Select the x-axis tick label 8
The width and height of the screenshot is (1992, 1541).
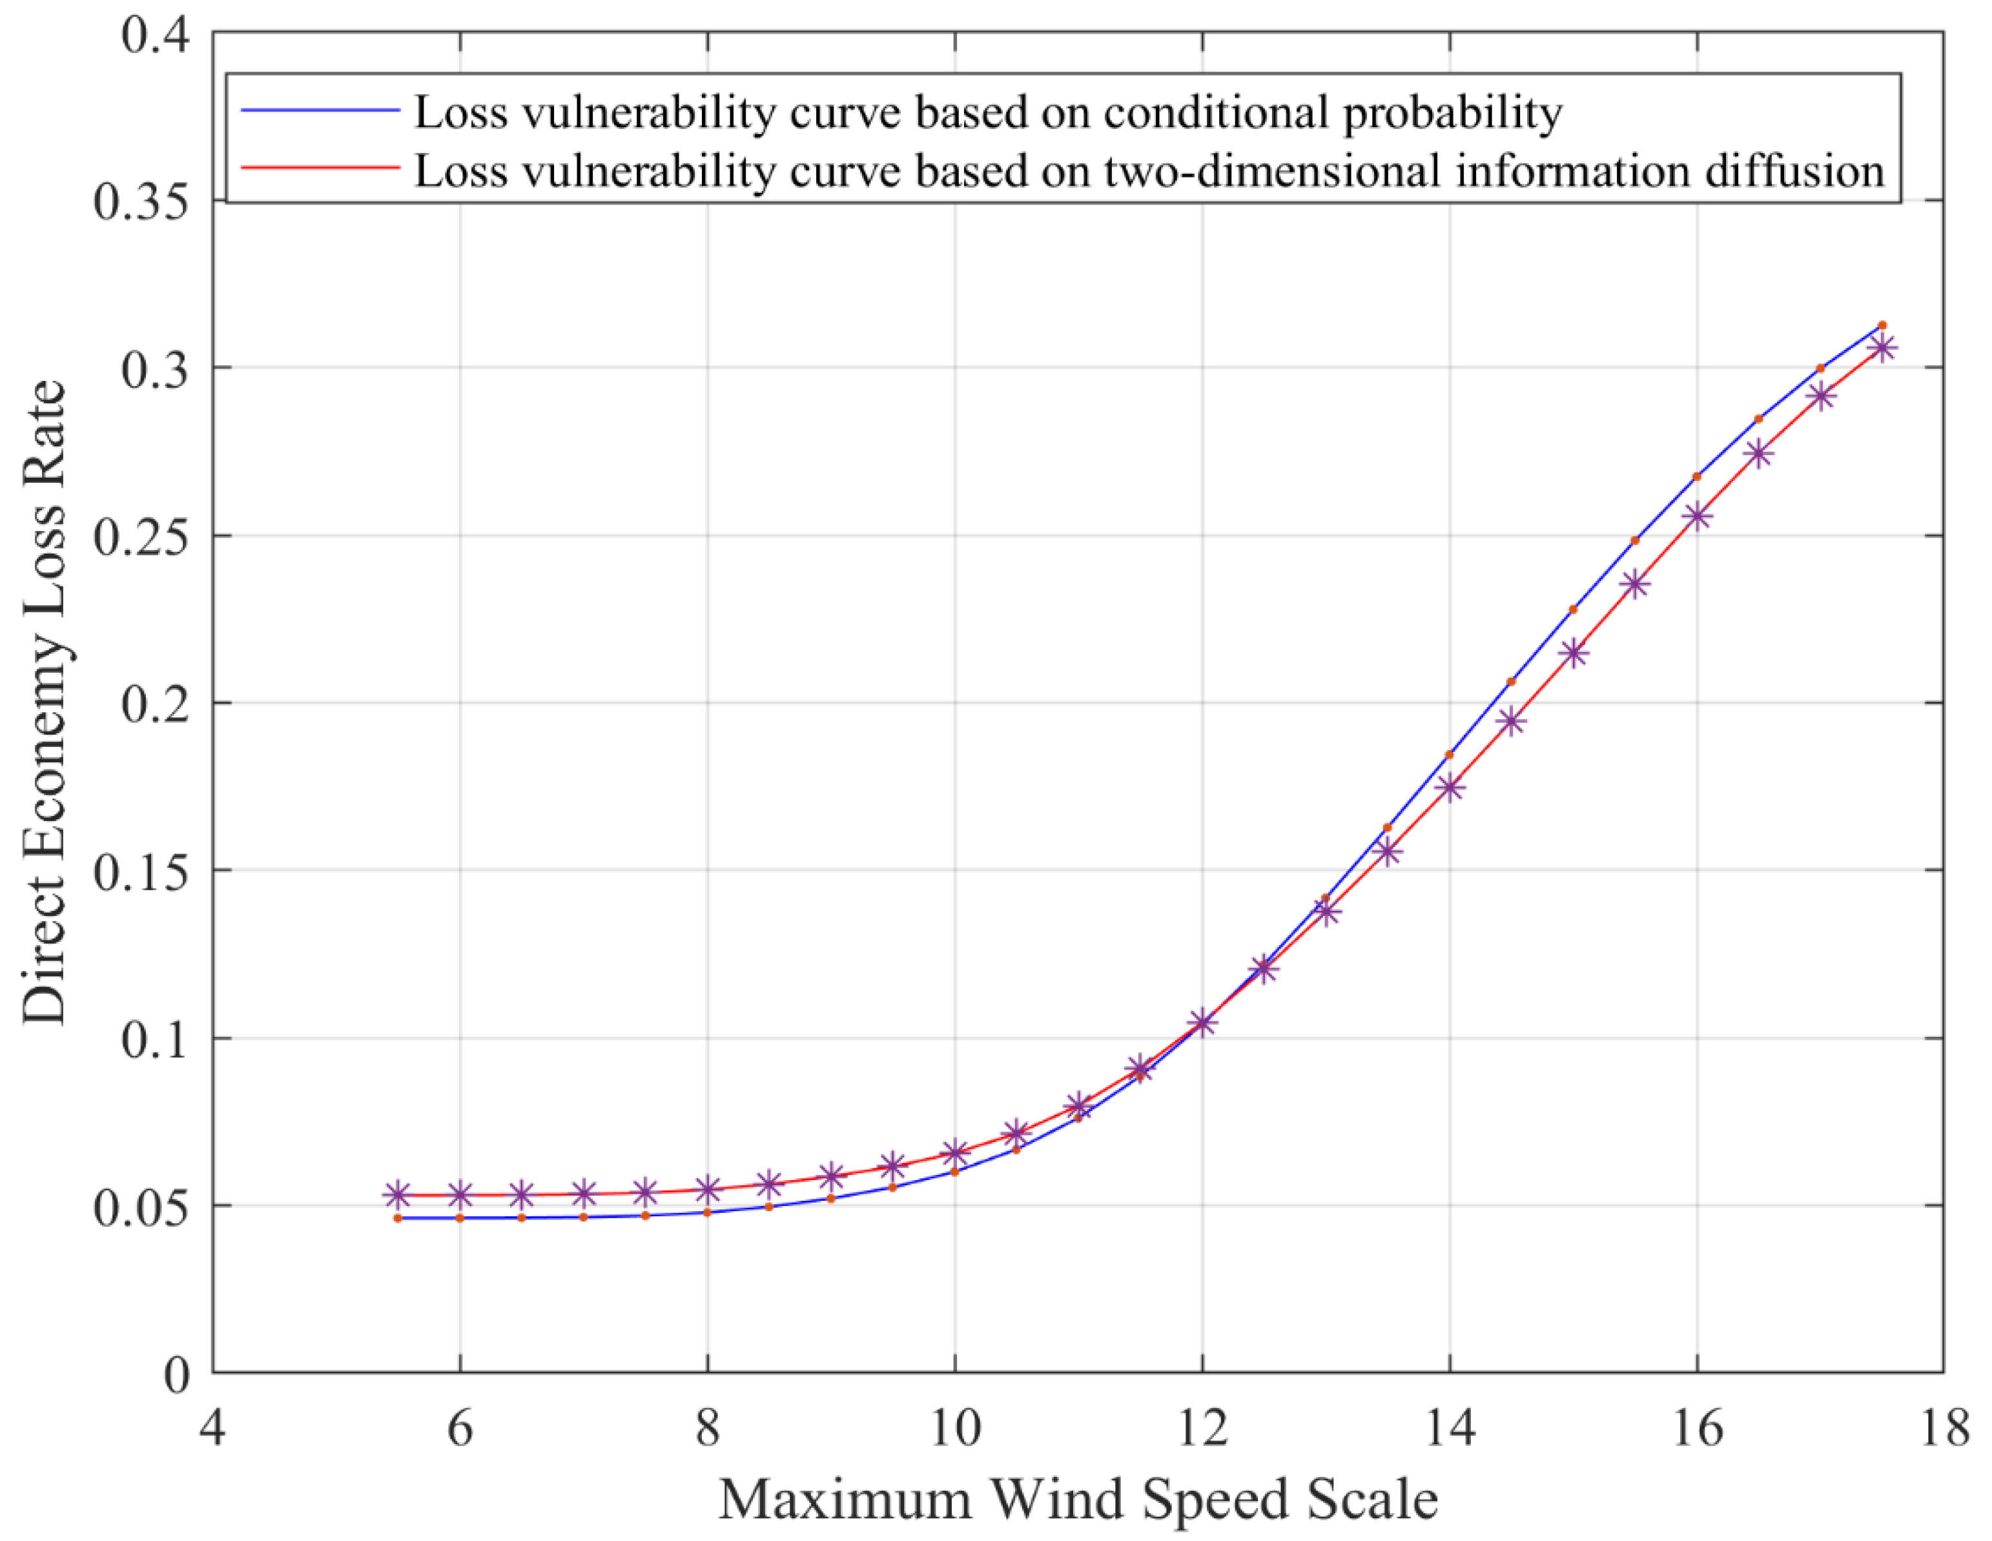click(x=707, y=1427)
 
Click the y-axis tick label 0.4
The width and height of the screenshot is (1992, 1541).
click(x=155, y=35)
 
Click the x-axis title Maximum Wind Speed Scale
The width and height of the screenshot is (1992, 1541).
click(x=1078, y=1500)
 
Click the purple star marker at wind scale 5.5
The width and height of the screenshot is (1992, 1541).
click(x=398, y=1194)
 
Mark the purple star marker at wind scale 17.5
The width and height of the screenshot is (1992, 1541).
click(x=1882, y=347)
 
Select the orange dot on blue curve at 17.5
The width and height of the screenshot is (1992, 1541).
click(x=1882, y=325)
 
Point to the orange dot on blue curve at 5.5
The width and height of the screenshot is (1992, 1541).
click(x=398, y=1218)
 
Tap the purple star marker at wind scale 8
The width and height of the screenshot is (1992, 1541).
click(x=708, y=1189)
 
